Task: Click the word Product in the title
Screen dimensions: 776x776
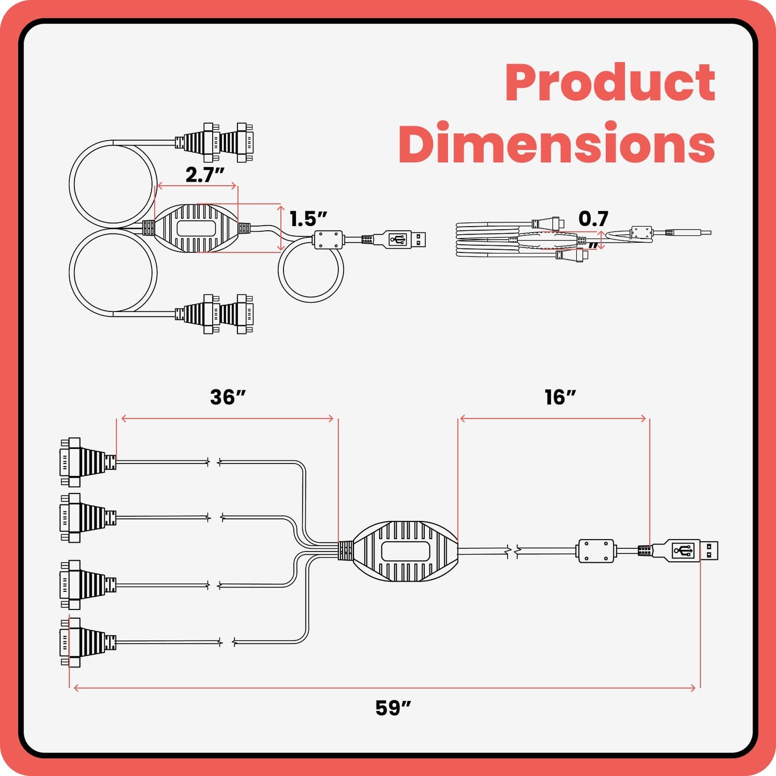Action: click(610, 83)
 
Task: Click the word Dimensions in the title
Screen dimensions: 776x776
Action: click(557, 143)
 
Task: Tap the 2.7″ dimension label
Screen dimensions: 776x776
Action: click(205, 175)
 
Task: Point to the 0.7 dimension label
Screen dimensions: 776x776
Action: click(593, 219)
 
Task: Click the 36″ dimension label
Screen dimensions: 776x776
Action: click(228, 397)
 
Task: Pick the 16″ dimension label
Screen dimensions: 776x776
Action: click(560, 397)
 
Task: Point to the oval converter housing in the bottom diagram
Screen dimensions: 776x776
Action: click(405, 550)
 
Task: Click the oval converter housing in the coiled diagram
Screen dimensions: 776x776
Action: click(197, 228)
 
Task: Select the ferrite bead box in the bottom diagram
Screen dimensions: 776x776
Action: click(597, 550)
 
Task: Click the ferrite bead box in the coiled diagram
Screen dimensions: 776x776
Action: click(328, 239)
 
